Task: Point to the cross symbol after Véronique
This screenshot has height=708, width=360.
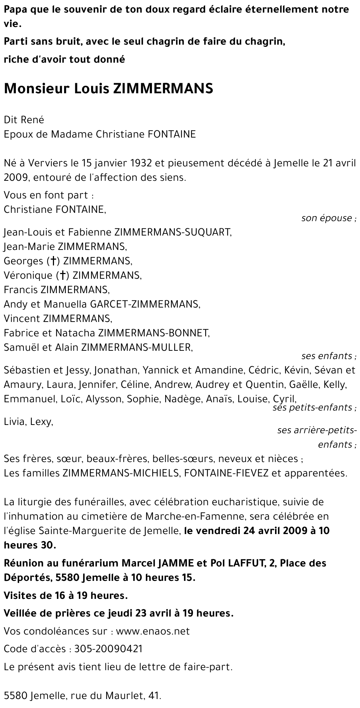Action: click(62, 275)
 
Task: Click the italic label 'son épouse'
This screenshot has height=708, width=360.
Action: click(327, 218)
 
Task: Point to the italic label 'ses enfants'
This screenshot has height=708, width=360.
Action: click(327, 356)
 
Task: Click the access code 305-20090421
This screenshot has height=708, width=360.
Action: click(108, 649)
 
